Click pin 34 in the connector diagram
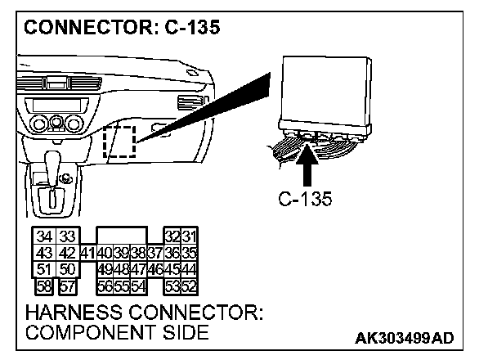pyautogui.click(x=43, y=237)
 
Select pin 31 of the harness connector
pyautogui.click(x=189, y=237)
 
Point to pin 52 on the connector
pyautogui.click(x=189, y=285)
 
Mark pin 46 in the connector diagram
pyautogui.click(x=155, y=268)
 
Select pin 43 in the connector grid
pyautogui.click(x=43, y=253)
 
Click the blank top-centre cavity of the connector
pyautogui.click(x=121, y=236)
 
